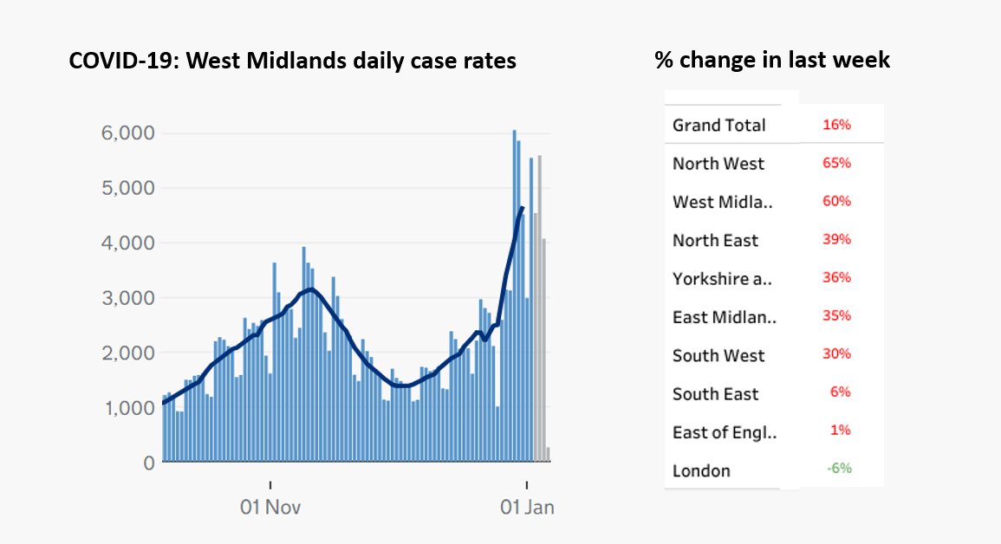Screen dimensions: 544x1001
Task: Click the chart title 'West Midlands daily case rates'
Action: coord(293,62)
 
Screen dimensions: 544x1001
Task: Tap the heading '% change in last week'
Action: coord(772,60)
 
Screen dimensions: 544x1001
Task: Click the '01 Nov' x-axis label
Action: coord(270,507)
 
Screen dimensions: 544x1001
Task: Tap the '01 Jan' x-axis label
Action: coord(528,507)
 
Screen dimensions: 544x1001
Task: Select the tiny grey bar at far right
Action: coord(548,455)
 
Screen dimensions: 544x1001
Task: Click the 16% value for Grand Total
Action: coord(836,125)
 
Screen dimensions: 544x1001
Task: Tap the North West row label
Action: coord(718,164)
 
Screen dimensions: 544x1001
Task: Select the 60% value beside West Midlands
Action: coord(836,201)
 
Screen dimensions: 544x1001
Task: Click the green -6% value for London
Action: coord(838,468)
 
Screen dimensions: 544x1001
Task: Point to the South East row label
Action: coord(715,394)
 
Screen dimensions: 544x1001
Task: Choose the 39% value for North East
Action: coord(836,239)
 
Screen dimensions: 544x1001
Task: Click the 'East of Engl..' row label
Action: coord(724,432)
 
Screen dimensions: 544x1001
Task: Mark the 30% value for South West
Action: coord(836,353)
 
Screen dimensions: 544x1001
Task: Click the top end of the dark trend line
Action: coord(522,207)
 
